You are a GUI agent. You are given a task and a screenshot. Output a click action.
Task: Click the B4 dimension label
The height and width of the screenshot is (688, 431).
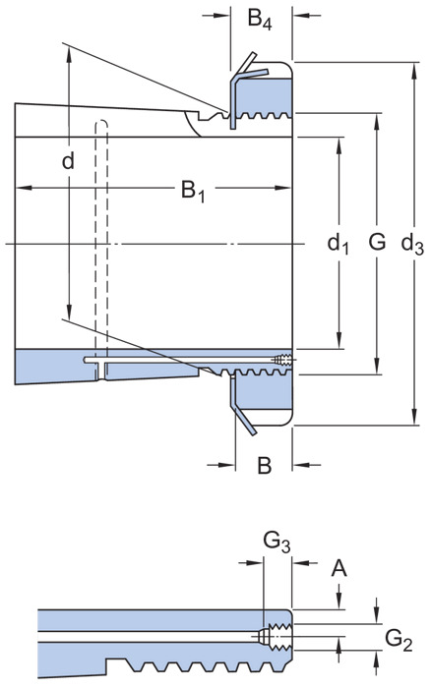click(259, 19)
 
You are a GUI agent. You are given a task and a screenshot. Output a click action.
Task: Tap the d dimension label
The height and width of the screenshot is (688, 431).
click(68, 161)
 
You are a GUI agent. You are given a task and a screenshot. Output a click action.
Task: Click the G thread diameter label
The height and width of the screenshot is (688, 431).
click(378, 242)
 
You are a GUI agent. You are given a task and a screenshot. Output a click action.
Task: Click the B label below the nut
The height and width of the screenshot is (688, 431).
click(264, 465)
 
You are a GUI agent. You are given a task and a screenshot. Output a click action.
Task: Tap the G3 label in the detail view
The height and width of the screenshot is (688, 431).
click(277, 542)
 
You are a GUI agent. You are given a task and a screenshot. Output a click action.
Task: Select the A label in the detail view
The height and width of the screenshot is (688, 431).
click(339, 568)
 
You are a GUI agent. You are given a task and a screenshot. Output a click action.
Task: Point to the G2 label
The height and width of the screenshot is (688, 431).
click(399, 639)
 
